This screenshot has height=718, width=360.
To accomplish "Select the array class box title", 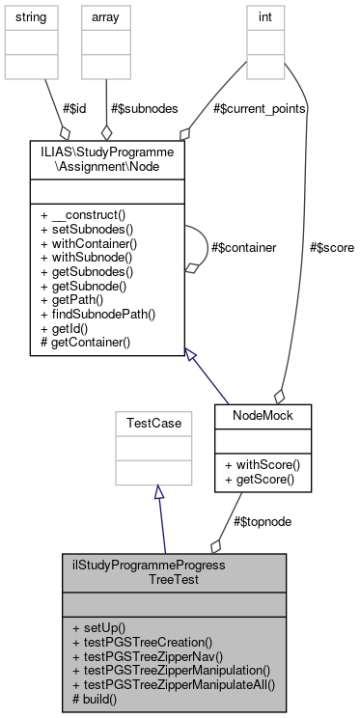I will pyautogui.click(x=105, y=17).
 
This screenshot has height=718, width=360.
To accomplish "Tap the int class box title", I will pyautogui.click(x=262, y=17).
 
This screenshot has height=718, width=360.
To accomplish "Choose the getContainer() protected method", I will pyautogui.click(x=89, y=343).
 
